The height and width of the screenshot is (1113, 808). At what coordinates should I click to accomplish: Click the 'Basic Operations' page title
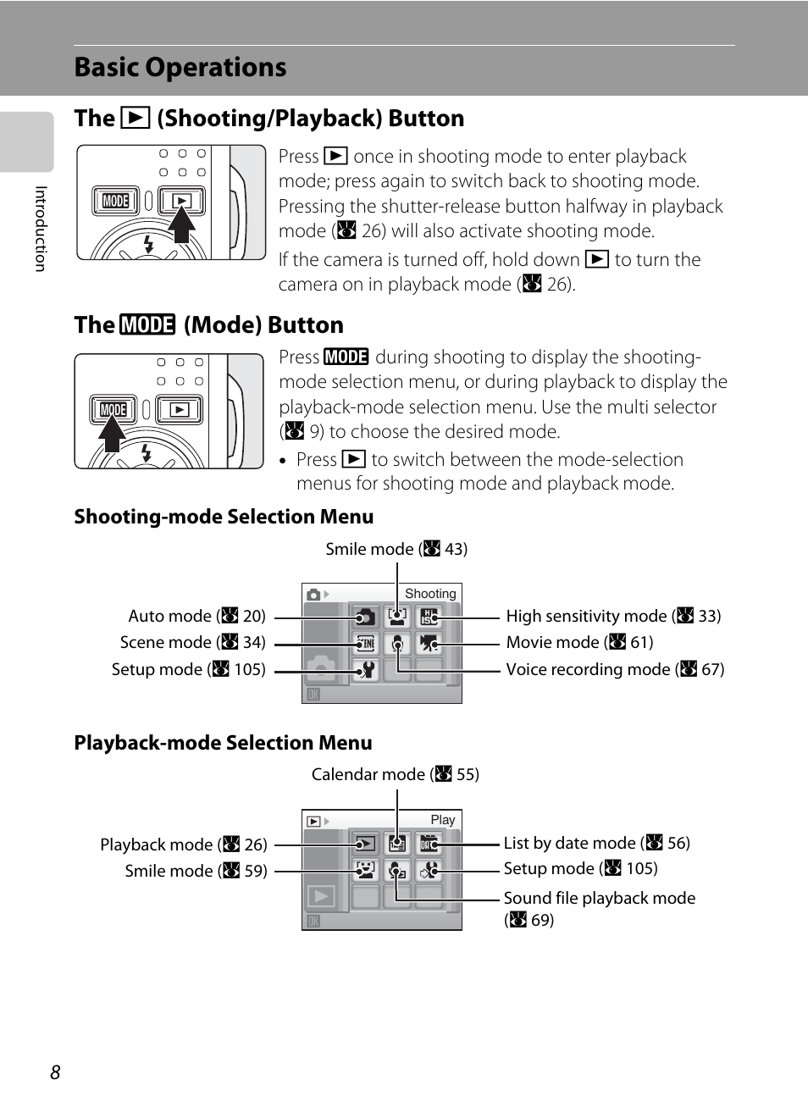point(180,67)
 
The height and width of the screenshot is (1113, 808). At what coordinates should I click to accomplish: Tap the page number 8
point(55,1072)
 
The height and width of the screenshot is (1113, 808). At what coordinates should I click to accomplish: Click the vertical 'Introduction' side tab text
point(40,229)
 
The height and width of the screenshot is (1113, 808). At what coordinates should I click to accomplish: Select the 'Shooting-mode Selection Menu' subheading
point(224,517)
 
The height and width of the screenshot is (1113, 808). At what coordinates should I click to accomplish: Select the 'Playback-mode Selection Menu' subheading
point(223,743)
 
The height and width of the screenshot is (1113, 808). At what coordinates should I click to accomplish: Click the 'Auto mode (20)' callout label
point(196,616)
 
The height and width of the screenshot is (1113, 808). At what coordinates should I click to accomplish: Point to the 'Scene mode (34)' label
point(192,642)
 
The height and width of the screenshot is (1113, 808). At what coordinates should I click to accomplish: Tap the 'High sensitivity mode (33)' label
point(613,616)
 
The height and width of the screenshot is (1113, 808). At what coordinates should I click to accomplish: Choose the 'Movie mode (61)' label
point(579,642)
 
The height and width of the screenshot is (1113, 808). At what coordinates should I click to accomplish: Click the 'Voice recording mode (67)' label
point(615,669)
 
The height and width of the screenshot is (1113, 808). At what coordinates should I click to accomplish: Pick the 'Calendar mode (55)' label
point(395,774)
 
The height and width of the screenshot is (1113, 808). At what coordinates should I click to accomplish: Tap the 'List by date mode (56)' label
point(596,843)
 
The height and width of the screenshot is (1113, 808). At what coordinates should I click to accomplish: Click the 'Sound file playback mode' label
point(599,898)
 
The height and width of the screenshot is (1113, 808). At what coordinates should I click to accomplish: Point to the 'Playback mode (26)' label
point(183,844)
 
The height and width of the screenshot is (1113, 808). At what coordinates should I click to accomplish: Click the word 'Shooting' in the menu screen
point(430,594)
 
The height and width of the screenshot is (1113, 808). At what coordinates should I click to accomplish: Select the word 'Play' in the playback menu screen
point(442,820)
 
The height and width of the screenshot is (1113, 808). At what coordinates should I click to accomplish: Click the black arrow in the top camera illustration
point(181,224)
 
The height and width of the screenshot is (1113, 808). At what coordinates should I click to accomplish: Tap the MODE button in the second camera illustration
point(113,410)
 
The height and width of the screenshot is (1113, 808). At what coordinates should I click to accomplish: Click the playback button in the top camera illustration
point(181,201)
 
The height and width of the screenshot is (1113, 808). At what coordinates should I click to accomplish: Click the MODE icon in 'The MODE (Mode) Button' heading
point(147,325)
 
